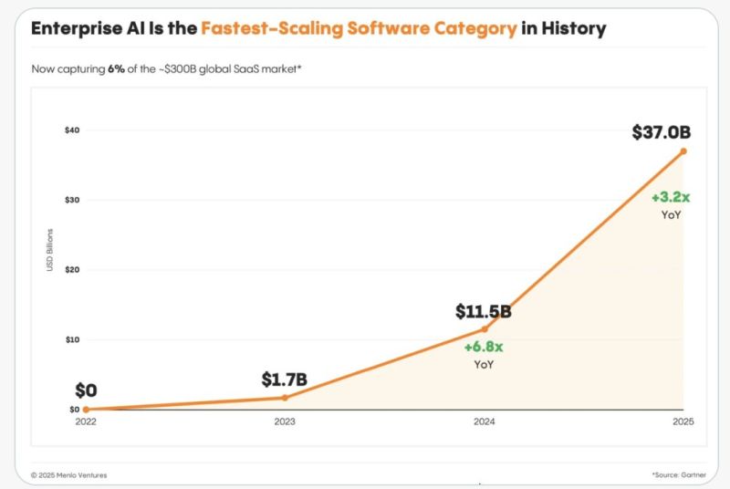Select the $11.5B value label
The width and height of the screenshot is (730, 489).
point(483,312)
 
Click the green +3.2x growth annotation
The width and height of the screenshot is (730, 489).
point(671,198)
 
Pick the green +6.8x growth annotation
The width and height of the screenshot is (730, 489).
point(485,348)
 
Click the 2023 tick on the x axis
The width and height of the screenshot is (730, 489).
point(286,421)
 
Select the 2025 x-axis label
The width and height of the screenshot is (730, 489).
point(683,421)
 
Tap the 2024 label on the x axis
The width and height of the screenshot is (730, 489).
point(485,421)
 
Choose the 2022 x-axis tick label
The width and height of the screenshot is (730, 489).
point(88,421)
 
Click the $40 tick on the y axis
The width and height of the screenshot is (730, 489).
point(72,130)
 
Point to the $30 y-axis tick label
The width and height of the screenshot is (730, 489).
point(72,200)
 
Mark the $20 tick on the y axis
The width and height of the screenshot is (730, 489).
point(72,270)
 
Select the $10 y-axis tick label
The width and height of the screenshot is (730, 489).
point(72,339)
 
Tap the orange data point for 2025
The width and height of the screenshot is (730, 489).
point(683,151)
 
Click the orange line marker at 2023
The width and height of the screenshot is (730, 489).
point(286,398)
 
